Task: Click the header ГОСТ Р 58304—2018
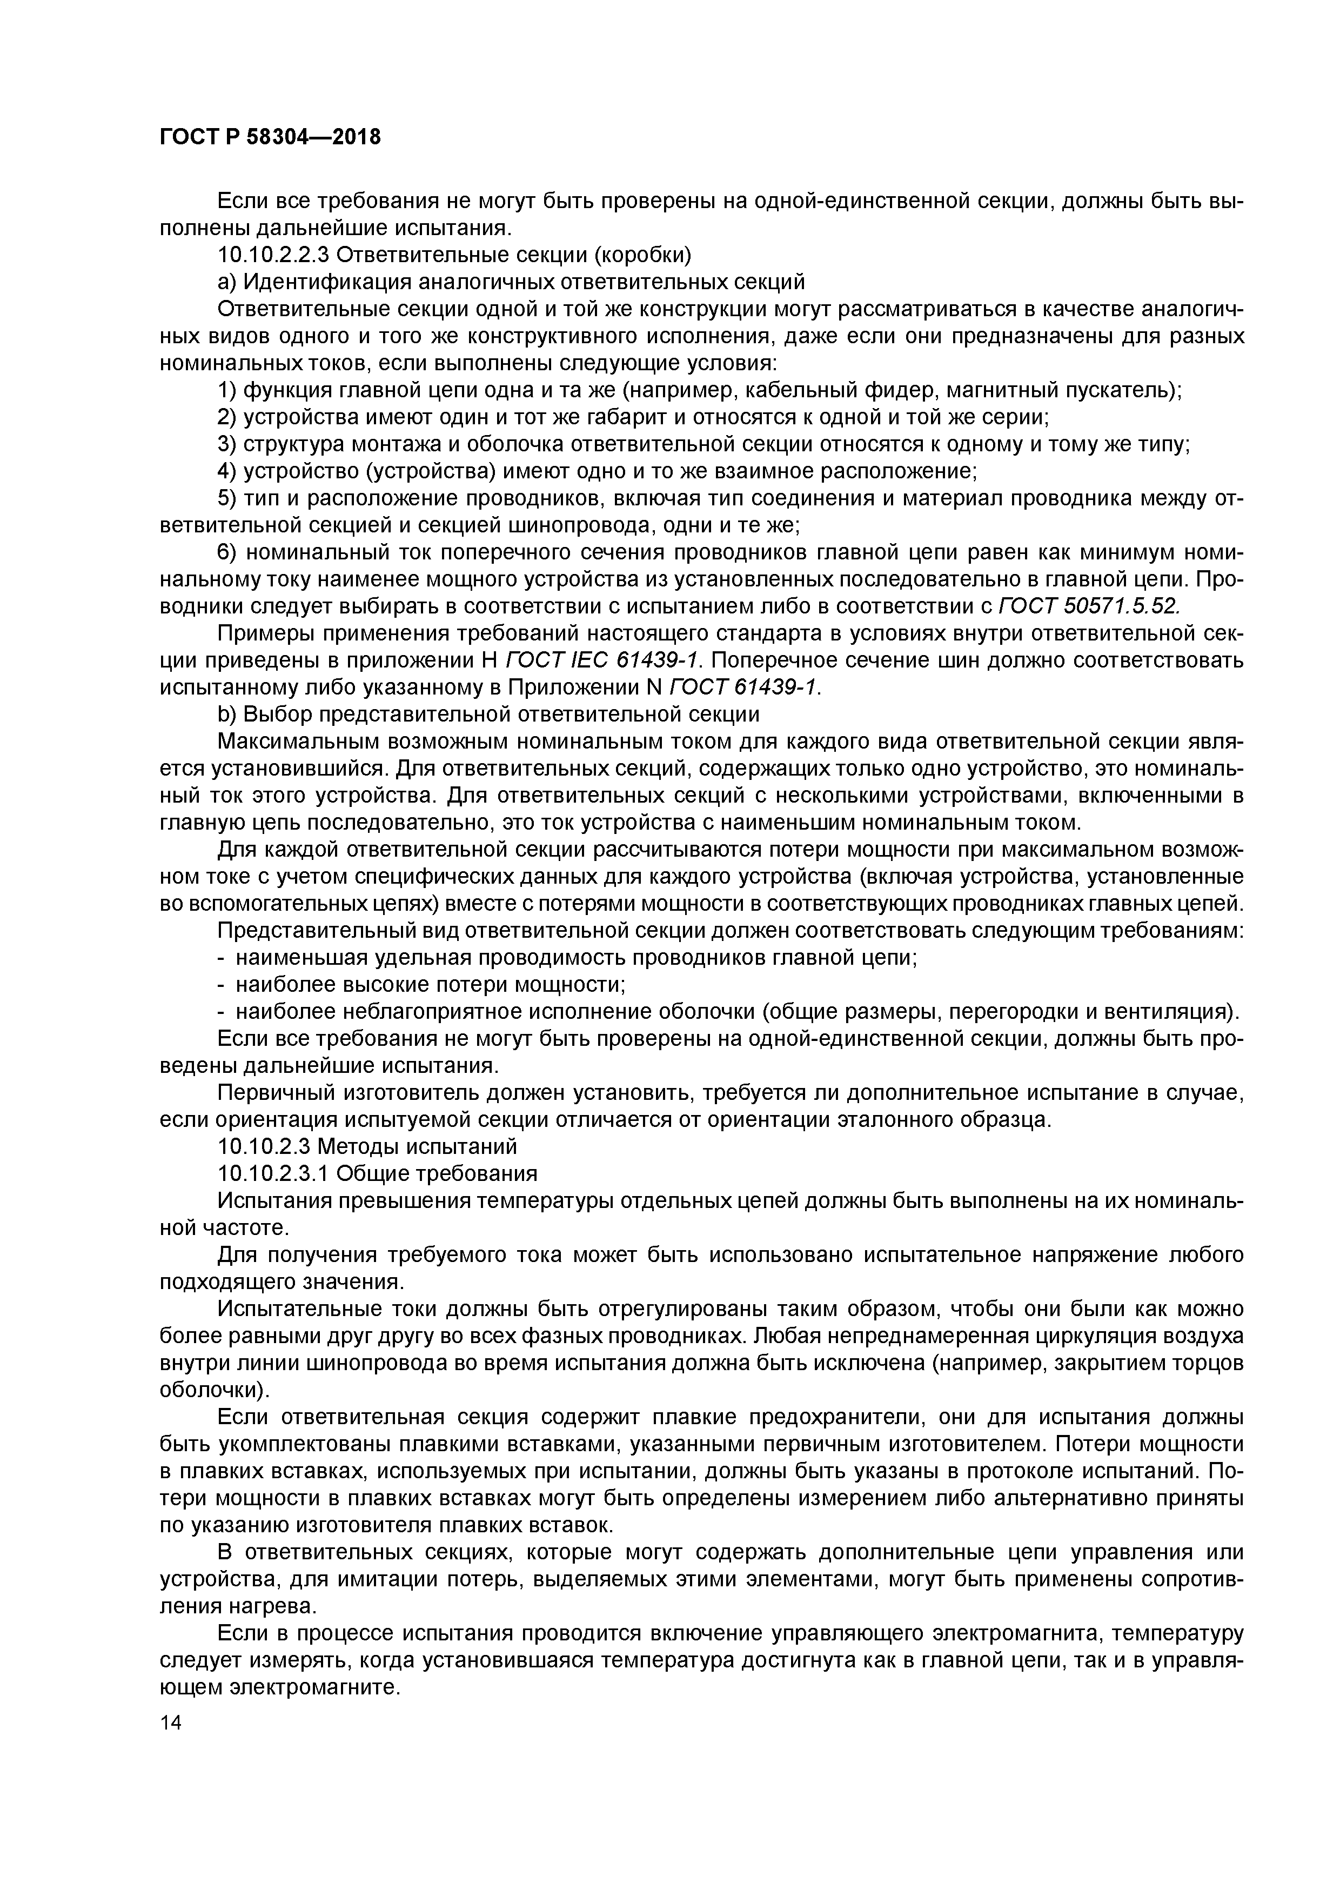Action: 270,137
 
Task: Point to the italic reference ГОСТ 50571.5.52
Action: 1090,607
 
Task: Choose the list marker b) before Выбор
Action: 226,715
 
